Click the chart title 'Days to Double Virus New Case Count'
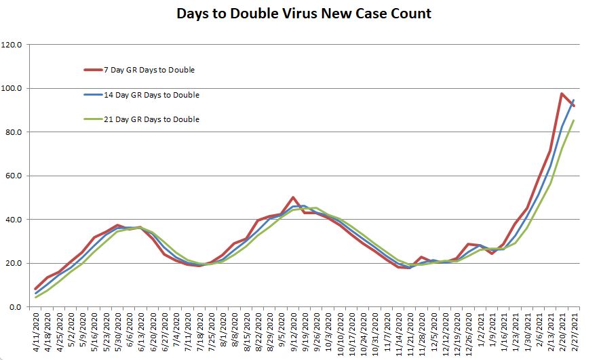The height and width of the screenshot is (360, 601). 304,14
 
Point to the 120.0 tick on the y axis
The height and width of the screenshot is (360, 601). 14,45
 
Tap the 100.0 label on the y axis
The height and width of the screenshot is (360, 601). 14,88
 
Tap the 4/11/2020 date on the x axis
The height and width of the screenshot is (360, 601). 36,332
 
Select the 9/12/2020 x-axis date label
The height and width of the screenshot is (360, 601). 293,332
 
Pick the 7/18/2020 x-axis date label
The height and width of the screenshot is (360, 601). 199,332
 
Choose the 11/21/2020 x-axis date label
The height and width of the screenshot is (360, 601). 410,332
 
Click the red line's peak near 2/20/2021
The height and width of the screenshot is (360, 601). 562,94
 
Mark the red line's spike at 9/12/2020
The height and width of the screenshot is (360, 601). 293,197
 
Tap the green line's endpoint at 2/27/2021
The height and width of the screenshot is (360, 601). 574,121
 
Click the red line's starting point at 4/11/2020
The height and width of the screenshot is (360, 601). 36,289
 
